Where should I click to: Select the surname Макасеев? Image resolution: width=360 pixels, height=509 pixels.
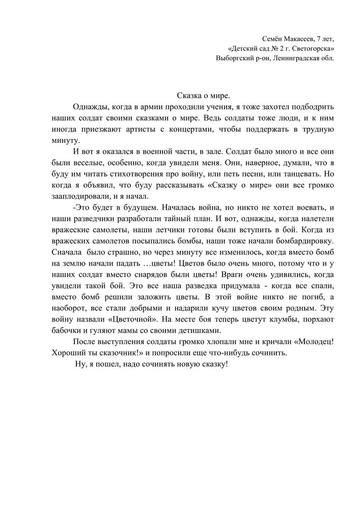point(300,39)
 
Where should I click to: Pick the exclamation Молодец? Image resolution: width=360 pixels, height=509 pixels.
point(313,342)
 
